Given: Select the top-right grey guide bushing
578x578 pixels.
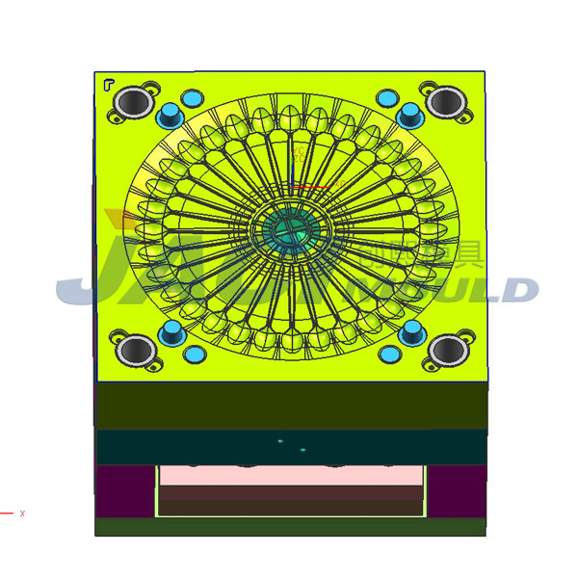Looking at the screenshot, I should pyautogui.click(x=445, y=100).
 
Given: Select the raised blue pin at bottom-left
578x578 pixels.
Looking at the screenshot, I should pyautogui.click(x=171, y=333).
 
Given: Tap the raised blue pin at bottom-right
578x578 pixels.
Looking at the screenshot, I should pyautogui.click(x=412, y=333).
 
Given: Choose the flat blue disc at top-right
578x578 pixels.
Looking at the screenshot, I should pyautogui.click(x=387, y=98).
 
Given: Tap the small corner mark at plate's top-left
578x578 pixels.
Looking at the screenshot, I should pyautogui.click(x=107, y=84).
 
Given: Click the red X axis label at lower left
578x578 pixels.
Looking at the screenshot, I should pyautogui.click(x=22, y=513).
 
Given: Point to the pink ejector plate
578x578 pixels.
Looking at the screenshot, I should pyautogui.click(x=290, y=475).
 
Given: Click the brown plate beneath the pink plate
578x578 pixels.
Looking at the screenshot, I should pyautogui.click(x=290, y=499).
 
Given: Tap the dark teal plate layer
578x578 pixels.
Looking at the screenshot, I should pyautogui.click(x=290, y=446).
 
